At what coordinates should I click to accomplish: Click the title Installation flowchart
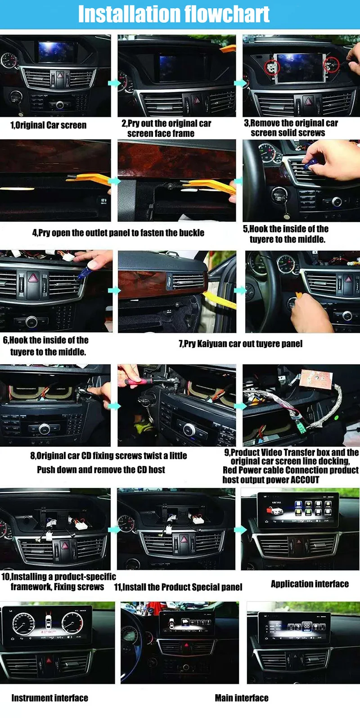click(174, 14)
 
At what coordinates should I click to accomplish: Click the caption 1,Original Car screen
click(49, 125)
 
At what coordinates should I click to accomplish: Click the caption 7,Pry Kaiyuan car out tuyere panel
click(240, 344)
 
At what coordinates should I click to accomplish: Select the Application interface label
click(310, 584)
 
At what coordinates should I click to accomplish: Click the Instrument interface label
click(49, 698)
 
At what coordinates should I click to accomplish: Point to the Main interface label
click(242, 698)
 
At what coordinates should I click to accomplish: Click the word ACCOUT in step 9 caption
click(305, 480)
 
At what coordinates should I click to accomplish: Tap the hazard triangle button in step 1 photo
click(60, 76)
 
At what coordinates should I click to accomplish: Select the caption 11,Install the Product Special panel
click(178, 587)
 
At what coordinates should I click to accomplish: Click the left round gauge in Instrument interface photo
click(23, 623)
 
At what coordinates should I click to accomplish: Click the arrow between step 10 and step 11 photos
click(114, 529)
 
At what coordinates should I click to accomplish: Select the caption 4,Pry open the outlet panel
click(118, 233)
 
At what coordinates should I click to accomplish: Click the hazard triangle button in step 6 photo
click(33, 279)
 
